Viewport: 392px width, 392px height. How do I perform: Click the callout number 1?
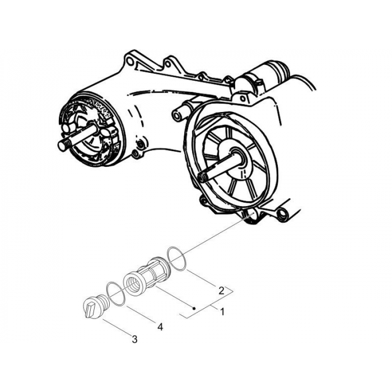(x=222, y=312)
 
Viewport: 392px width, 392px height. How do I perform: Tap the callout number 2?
(x=222, y=291)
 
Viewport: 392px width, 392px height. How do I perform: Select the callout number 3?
(x=134, y=339)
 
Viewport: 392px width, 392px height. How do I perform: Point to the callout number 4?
(x=160, y=326)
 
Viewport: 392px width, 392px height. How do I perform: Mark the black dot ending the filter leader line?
(x=193, y=309)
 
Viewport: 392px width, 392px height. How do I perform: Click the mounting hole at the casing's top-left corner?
(x=131, y=58)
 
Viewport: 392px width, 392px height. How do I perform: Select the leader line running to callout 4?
(x=142, y=314)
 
